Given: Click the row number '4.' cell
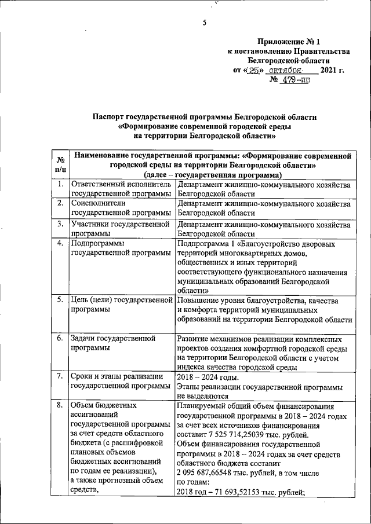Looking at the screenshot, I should tap(60, 243).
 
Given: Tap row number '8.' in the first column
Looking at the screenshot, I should tap(60, 405).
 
